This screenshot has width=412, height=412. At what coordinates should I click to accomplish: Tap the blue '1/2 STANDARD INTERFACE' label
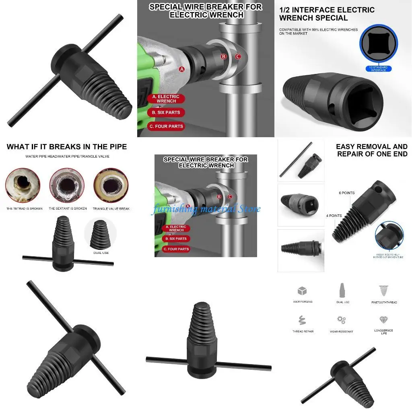378,69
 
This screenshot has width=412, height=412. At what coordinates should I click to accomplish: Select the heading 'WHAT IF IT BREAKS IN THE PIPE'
67,147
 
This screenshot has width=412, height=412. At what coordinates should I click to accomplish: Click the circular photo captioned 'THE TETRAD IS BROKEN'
23,185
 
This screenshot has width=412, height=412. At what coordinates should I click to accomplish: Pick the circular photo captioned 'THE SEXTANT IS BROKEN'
67,185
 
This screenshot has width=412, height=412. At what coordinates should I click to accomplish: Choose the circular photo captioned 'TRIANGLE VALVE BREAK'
111,185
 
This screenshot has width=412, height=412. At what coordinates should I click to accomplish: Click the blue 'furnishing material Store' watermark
206,209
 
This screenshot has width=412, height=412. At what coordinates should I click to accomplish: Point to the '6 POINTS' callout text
347,193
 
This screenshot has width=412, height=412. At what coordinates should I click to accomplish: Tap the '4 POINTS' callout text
334,216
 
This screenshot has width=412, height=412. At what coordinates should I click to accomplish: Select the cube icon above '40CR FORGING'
302,290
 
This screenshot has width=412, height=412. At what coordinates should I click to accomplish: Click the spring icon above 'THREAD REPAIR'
303,320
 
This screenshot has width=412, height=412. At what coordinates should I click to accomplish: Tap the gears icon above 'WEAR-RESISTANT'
342,320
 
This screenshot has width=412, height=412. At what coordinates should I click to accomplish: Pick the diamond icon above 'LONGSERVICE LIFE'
383,320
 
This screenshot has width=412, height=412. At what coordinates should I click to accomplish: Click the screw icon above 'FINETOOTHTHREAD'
383,290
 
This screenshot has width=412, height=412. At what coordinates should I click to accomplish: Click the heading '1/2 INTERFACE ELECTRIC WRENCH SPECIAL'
327,14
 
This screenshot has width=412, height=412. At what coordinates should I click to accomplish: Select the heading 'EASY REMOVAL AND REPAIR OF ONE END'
371,150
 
